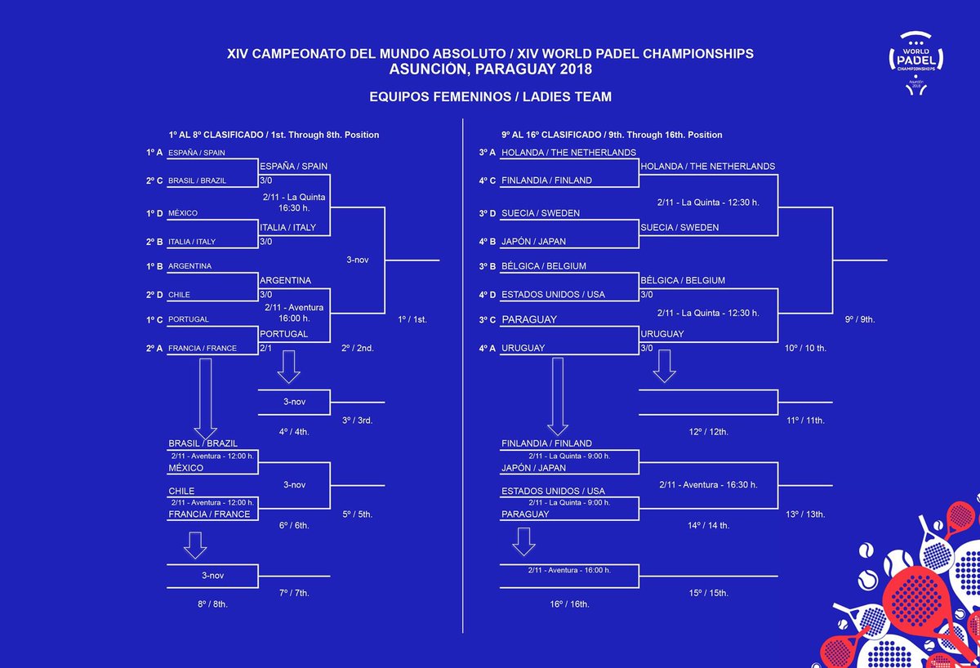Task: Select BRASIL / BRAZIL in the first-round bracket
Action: (197, 180)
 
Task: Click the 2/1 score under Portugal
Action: (266, 348)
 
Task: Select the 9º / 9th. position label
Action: (859, 319)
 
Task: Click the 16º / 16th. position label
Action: (570, 604)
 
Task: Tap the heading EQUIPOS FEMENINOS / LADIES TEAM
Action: (490, 97)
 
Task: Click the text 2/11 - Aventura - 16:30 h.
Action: (708, 484)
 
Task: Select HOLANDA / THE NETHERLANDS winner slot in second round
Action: (707, 167)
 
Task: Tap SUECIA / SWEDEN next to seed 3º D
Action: (541, 213)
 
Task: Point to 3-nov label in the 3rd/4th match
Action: (294, 402)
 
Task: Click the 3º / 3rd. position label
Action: (358, 420)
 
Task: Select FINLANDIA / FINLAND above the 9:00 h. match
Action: (546, 443)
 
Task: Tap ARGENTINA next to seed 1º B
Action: (190, 266)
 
